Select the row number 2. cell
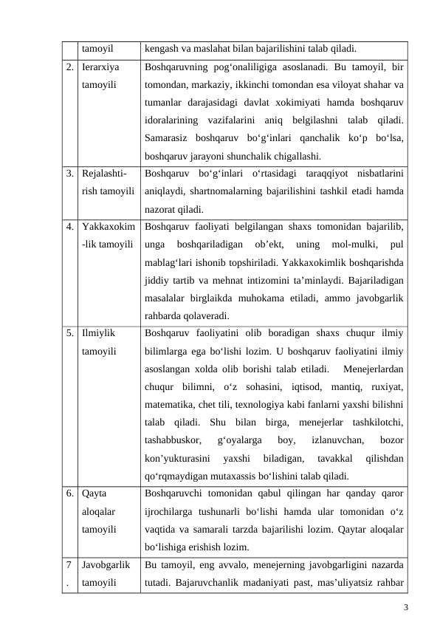pos(68,67)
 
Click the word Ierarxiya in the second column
pos(100,67)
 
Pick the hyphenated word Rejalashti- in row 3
pos(104,174)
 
